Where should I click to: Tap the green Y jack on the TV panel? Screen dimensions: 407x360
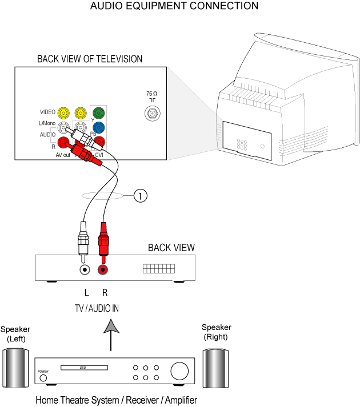(99, 112)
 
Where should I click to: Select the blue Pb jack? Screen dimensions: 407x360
(99, 127)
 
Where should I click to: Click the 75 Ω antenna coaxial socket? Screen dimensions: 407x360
(152, 114)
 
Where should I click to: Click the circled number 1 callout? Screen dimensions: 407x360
(140, 196)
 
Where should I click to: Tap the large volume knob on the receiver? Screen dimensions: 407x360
(179, 371)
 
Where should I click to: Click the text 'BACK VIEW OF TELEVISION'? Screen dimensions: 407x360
(90, 59)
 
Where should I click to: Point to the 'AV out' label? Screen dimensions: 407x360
(63, 155)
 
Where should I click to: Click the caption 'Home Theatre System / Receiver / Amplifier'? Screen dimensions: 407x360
(116, 400)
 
